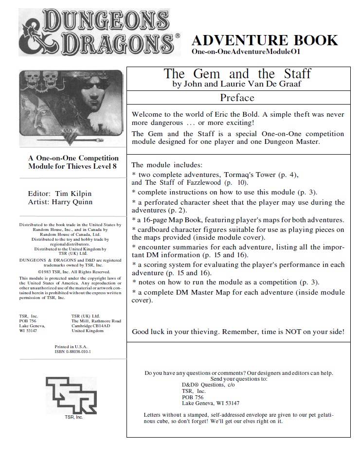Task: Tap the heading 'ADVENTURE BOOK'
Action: pyautogui.click(x=265, y=40)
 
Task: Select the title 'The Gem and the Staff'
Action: pyautogui.click(x=237, y=74)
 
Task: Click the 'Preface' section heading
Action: pyautogui.click(x=237, y=98)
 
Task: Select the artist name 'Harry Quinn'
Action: pyautogui.click(x=73, y=202)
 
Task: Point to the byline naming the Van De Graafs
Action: pyautogui.click(x=237, y=84)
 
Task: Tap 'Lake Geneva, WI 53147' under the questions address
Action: pyautogui.click(x=210, y=403)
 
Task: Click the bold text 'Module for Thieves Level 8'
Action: pyautogui.click(x=73, y=167)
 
